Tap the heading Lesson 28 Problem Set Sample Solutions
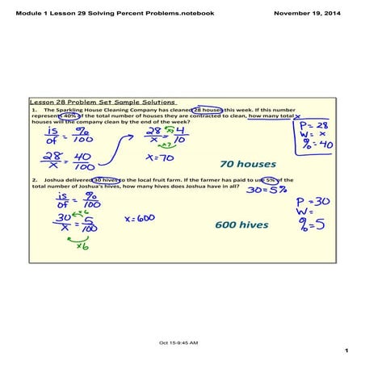click(x=103, y=103)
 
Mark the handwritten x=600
click(x=141, y=218)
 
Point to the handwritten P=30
click(x=311, y=200)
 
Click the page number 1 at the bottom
click(x=345, y=350)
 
